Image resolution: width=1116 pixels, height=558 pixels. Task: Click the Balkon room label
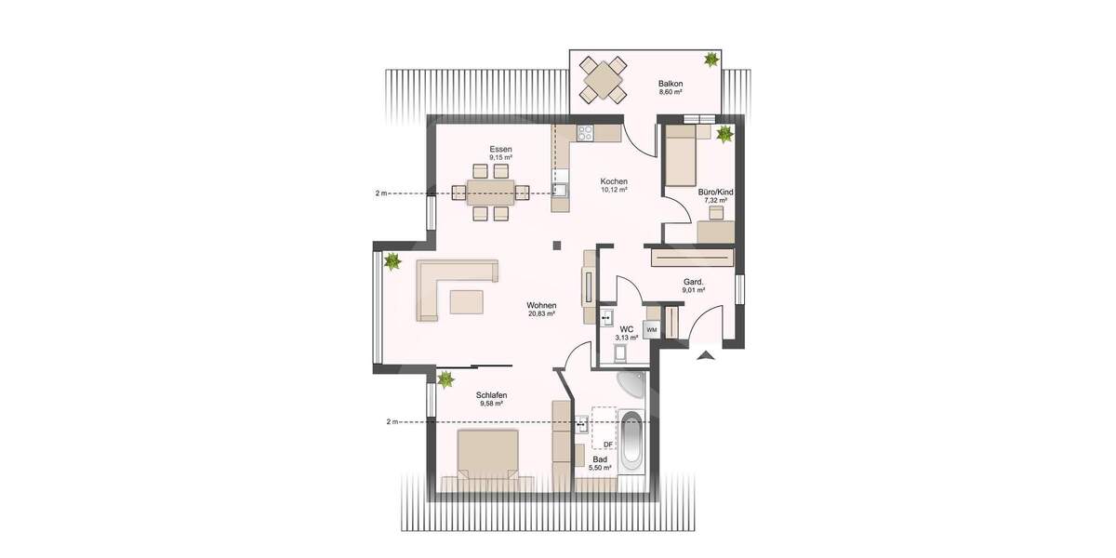tap(671, 83)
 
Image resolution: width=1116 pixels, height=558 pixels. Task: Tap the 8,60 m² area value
tap(671, 93)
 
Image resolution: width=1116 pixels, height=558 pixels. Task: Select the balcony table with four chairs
tap(604, 80)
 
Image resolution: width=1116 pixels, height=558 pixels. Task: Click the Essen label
tap(502, 150)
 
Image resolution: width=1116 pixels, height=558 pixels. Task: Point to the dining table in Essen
tap(490, 193)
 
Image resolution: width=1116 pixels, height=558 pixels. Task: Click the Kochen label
tap(614, 181)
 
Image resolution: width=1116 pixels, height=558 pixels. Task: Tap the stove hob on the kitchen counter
tap(585, 132)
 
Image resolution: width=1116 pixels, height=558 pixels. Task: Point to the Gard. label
tap(693, 281)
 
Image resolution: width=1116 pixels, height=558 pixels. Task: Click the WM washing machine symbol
tap(652, 329)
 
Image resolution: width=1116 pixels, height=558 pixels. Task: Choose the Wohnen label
tap(541, 305)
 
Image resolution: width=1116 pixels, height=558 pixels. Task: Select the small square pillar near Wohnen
tap(556, 246)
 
